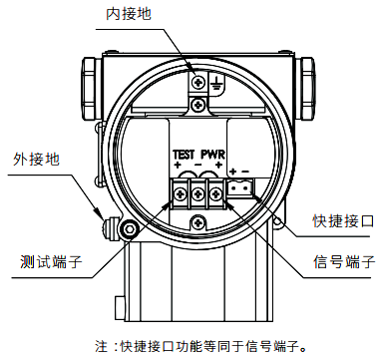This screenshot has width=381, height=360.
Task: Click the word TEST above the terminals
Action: click(184, 155)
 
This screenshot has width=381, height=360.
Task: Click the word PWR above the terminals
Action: click(214, 155)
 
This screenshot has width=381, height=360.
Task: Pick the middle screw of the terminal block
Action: click(198, 190)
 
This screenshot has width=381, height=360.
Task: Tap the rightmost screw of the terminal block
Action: click(215, 190)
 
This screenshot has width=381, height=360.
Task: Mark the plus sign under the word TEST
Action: click(179, 166)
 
